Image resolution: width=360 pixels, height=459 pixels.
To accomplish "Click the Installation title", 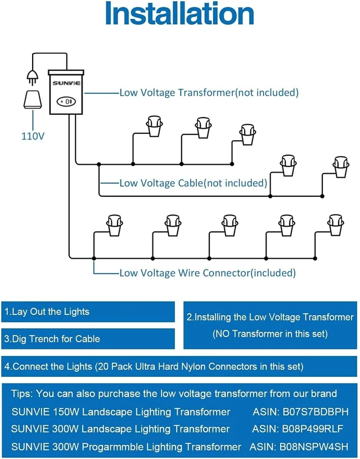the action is click(179, 13).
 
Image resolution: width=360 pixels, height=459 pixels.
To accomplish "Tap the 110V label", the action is click(33, 136).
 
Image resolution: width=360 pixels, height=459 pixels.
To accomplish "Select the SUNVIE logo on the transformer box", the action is click(66, 83).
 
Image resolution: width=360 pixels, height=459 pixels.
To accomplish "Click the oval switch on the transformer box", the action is click(66, 102).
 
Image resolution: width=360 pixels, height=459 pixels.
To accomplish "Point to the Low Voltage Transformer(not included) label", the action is click(209, 93).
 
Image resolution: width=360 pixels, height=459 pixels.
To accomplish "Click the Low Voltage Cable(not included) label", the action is click(193, 183).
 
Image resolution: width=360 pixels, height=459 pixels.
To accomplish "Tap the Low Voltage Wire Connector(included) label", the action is click(208, 273).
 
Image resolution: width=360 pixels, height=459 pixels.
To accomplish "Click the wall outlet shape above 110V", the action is click(33, 100).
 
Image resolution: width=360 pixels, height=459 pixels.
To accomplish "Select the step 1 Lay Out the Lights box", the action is click(88, 312).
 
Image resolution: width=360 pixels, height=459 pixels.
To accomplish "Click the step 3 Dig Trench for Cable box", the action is click(88, 339).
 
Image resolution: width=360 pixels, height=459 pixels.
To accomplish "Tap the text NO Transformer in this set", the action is click(269, 334).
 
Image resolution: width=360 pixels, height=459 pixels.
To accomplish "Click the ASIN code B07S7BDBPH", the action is click(316, 412).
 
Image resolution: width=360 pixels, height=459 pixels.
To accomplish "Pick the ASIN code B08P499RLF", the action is click(312, 429).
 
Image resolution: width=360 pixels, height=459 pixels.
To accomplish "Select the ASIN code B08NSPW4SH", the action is click(314, 447).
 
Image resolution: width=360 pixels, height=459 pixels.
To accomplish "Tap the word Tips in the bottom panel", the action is click(22, 394).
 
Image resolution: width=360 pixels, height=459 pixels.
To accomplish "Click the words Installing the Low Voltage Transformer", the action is click(274, 317).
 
